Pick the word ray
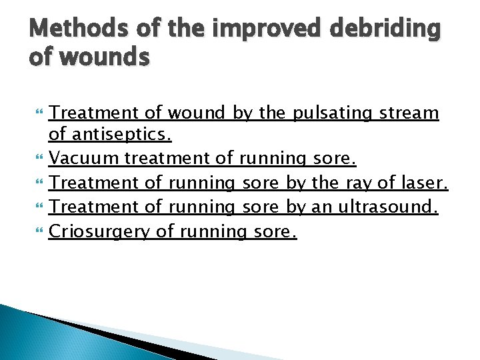pos(358,183)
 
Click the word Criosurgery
pos(100,231)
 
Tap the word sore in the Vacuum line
pos(335,159)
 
